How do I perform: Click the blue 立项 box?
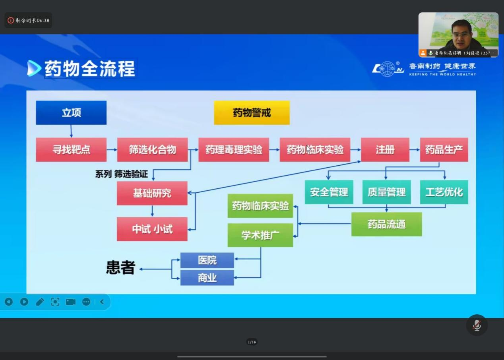click(x=71, y=112)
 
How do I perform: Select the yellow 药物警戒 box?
click(x=252, y=112)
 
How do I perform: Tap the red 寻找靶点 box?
click(x=71, y=149)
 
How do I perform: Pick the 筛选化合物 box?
click(x=152, y=149)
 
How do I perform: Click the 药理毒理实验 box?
click(x=234, y=149)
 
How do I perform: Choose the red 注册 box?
click(x=385, y=149)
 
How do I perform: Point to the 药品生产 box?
click(x=444, y=149)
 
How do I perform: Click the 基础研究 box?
click(x=152, y=193)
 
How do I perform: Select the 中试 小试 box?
click(x=152, y=229)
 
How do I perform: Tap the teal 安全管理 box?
click(x=329, y=192)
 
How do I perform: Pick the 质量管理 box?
click(x=386, y=192)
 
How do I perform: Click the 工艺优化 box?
click(x=444, y=192)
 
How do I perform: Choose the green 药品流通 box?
click(x=386, y=224)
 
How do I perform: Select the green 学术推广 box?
click(x=260, y=235)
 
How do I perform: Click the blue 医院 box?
click(x=207, y=260)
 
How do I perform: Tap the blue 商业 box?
click(x=207, y=277)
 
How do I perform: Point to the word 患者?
click(x=120, y=267)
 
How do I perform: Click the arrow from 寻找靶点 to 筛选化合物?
click(x=112, y=150)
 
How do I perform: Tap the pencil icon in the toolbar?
click(x=40, y=302)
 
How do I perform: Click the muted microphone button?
click(x=477, y=325)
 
